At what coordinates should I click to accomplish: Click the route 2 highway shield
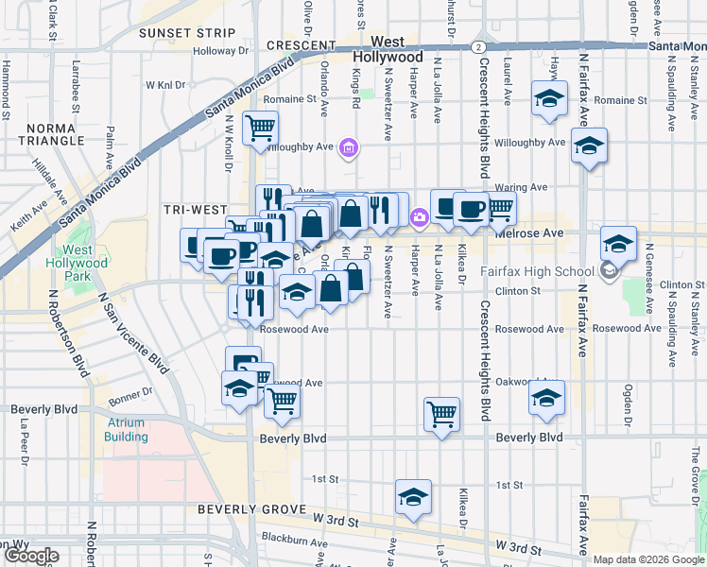(x=479, y=45)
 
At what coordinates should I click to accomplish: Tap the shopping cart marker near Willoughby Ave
(x=260, y=126)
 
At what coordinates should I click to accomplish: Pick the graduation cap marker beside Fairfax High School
(x=618, y=245)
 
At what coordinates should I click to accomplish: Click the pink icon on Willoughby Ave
(x=349, y=146)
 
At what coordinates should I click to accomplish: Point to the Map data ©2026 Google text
(x=647, y=559)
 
